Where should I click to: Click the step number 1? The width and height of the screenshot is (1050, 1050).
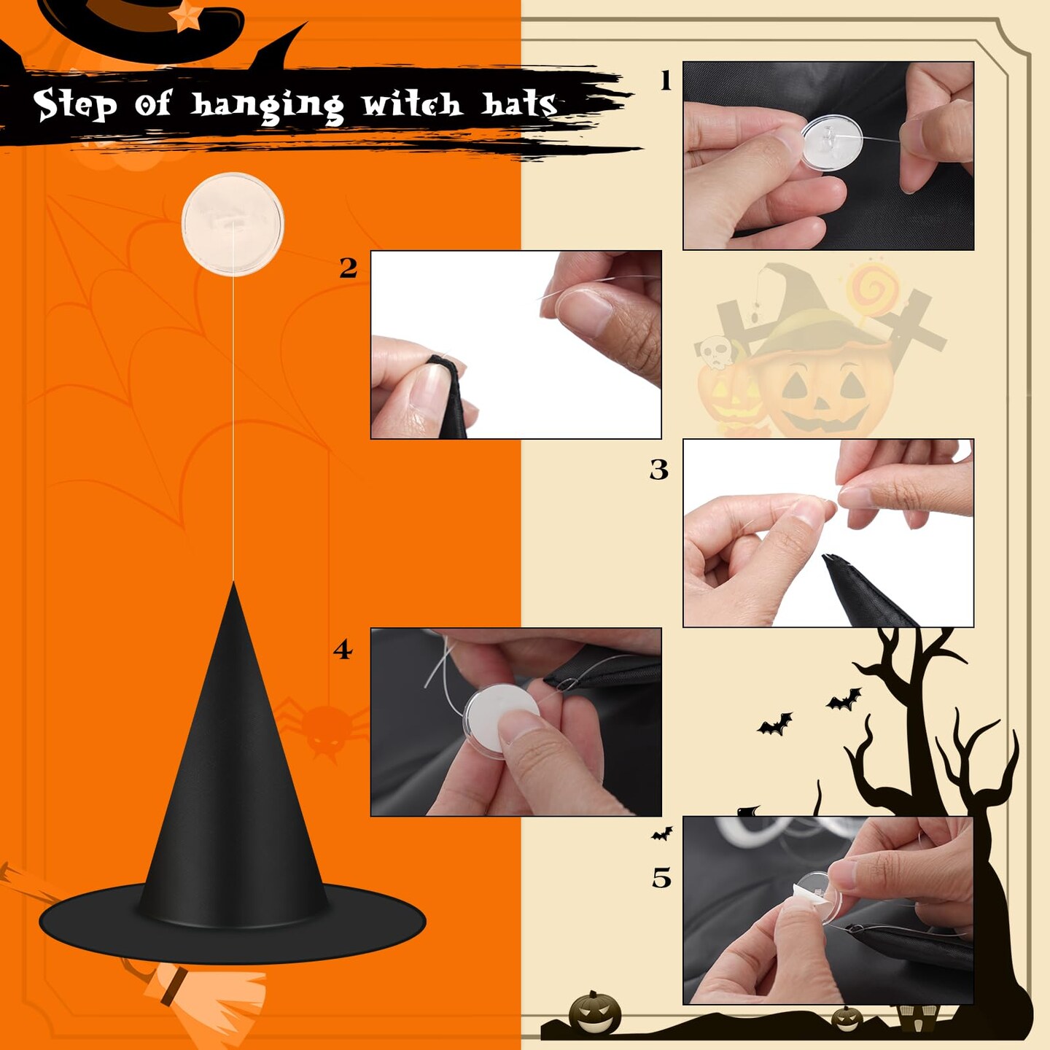(x=665, y=81)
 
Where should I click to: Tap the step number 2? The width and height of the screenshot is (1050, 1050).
(x=349, y=268)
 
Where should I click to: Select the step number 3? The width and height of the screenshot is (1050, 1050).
(x=658, y=469)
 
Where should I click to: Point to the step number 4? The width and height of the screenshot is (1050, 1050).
(x=343, y=650)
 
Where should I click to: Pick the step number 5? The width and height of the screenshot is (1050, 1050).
(x=661, y=878)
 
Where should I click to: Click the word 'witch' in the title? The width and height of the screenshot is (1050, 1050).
(x=413, y=104)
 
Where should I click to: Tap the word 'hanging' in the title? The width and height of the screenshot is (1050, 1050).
(x=267, y=106)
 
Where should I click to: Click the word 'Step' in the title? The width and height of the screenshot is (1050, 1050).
(x=74, y=104)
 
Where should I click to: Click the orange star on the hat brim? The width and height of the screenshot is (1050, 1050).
(x=186, y=16)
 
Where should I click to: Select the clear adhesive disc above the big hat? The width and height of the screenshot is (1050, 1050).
(x=233, y=224)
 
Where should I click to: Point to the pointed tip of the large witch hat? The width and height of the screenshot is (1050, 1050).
(x=234, y=583)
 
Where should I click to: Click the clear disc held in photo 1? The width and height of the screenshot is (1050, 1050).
(x=832, y=141)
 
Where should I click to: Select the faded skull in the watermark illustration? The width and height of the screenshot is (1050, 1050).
(x=715, y=352)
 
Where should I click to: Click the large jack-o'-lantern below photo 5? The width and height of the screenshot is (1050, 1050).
(x=594, y=1014)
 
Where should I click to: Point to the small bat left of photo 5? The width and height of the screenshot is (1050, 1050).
(x=662, y=833)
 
